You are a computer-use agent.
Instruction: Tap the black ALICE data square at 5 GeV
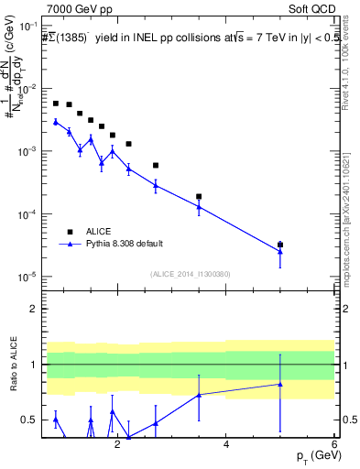[280, 245]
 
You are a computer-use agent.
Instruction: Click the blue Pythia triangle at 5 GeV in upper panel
[280, 252]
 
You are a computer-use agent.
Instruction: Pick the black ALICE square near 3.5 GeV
[199, 196]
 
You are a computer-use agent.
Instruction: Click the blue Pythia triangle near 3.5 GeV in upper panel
[199, 207]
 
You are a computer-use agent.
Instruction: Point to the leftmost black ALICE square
[56, 104]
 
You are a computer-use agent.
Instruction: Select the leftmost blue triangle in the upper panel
[56, 121]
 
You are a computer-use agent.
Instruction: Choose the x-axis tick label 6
[334, 445]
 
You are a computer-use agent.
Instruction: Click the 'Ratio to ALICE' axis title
[12, 364]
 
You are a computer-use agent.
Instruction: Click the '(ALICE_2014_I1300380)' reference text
[191, 274]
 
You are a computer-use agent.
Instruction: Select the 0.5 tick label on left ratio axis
[32, 420]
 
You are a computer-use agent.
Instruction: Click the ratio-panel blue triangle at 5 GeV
[280, 384]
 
